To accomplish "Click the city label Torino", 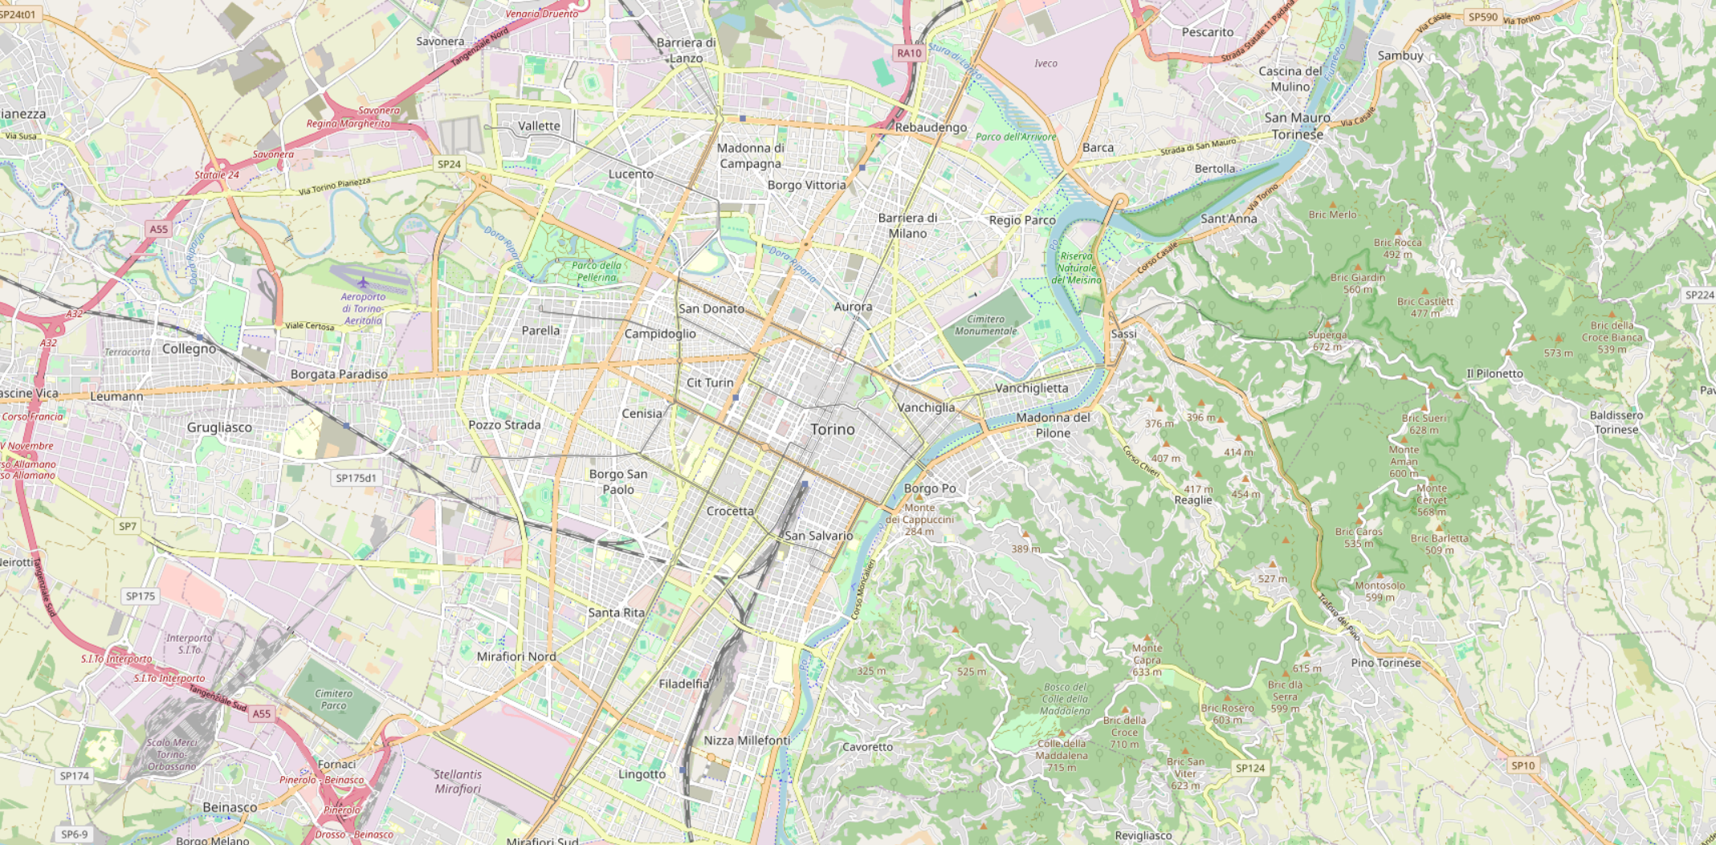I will coord(833,430).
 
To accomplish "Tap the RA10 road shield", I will coord(909,53).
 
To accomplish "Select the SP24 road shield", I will coord(449,164).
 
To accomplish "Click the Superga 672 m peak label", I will coord(1327,341).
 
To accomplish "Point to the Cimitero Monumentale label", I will coord(985,325).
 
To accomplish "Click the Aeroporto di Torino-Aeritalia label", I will coord(363,308).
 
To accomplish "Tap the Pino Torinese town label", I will coord(1385,663).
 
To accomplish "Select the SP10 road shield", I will coord(1522,765).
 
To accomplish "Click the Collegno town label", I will coord(190,349).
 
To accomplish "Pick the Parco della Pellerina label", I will coord(596,271).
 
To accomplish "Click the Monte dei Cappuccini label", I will coord(919,519).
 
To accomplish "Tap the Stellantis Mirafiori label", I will coord(458,782).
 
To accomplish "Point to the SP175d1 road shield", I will coord(356,478).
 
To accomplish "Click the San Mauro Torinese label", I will coord(1297,126).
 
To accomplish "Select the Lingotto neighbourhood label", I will coord(642,774).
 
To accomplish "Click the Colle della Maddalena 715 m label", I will coord(1061,755).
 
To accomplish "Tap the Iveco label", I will coord(1045,63).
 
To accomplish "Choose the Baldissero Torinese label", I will coord(1616,422).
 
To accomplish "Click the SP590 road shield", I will coord(1482,16).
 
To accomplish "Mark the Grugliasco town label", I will coord(219,427).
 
